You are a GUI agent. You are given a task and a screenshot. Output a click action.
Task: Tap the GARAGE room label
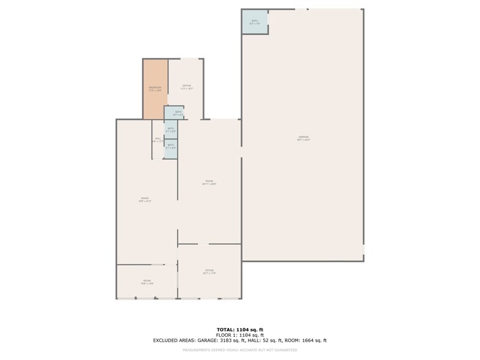pyautogui.click(x=304, y=137)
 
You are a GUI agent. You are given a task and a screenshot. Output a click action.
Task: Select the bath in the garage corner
pyautogui.click(x=255, y=21)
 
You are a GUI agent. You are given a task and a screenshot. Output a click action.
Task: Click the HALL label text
pyautogui.click(x=158, y=138)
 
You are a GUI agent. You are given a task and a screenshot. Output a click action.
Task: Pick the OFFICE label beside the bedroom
pyautogui.click(x=187, y=86)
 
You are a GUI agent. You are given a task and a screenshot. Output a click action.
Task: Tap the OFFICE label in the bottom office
pyautogui.click(x=209, y=270)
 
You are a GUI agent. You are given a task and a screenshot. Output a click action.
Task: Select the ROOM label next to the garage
pyautogui.click(x=209, y=181)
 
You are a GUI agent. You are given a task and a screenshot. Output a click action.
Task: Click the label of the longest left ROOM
pyautogui.click(x=145, y=198)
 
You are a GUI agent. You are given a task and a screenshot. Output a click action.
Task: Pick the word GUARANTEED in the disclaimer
pyautogui.click(x=285, y=350)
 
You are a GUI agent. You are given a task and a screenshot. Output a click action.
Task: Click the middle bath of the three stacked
pyautogui.click(x=171, y=129)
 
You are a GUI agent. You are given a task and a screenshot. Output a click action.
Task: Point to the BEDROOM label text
pyautogui.click(x=155, y=88)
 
